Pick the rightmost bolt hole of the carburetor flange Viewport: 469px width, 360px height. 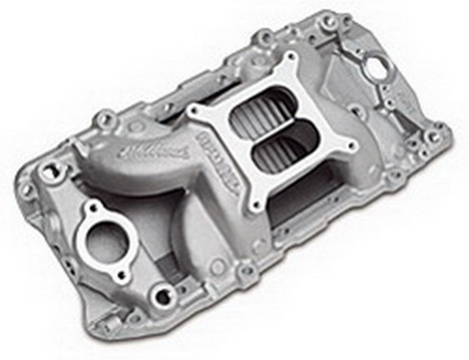(353, 146)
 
